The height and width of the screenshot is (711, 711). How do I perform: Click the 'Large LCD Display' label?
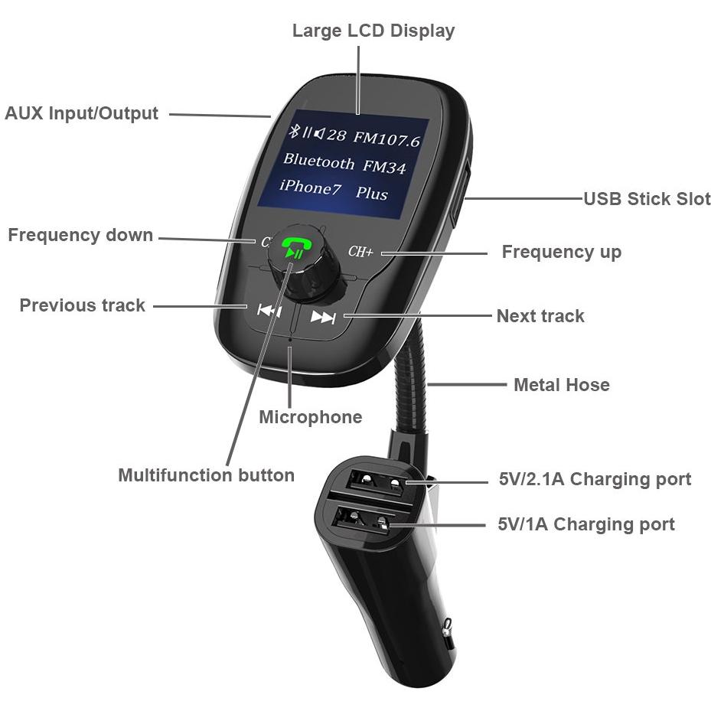click(373, 31)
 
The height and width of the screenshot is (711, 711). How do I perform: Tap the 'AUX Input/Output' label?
click(82, 113)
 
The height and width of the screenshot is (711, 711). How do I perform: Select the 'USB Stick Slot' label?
click(647, 199)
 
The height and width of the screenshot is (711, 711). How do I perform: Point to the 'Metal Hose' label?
click(561, 385)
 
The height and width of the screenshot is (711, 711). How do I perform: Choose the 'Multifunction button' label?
click(207, 475)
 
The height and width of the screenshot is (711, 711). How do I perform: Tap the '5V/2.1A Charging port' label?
click(595, 479)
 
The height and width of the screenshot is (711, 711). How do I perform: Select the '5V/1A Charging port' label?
click(586, 524)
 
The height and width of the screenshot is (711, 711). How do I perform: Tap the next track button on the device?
click(323, 318)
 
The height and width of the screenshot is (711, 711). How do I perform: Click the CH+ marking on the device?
click(360, 251)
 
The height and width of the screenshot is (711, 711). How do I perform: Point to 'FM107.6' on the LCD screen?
click(386, 139)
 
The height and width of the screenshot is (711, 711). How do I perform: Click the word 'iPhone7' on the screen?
click(310, 187)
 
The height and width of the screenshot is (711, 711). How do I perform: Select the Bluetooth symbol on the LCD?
click(295, 131)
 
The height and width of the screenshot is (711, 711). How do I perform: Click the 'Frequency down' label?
click(80, 235)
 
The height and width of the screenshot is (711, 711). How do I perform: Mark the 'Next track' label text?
click(540, 316)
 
